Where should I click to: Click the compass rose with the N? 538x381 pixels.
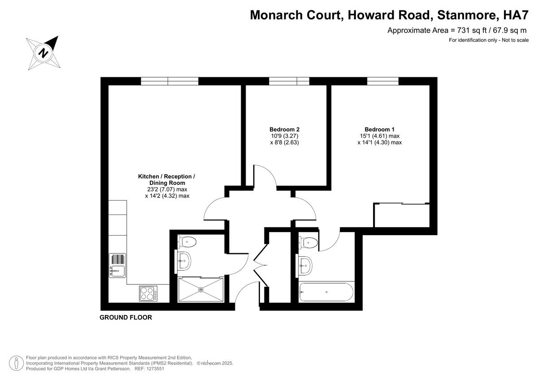point(43,53)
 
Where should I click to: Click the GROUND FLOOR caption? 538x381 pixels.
point(126,317)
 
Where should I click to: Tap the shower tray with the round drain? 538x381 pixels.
point(200,290)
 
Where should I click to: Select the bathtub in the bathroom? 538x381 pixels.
point(327,292)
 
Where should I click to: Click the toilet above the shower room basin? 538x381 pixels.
point(187,242)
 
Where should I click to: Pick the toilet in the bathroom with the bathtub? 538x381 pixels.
point(310,242)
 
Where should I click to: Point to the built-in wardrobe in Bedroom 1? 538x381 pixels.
point(402,216)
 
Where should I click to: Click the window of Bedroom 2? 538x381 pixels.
point(289,81)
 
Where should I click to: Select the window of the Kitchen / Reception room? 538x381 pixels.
point(169,81)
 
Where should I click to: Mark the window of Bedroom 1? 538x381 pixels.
point(382,81)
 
